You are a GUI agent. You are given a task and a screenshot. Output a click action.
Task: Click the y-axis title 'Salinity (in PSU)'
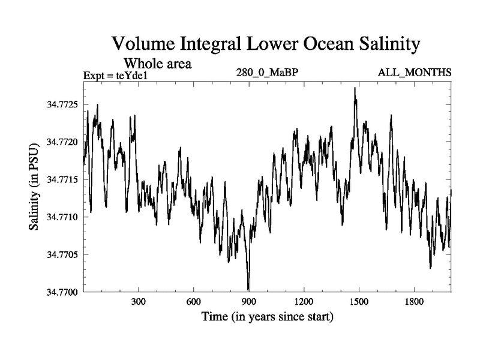click(34, 187)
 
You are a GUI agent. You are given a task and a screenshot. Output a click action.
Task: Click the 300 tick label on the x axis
click(139, 301)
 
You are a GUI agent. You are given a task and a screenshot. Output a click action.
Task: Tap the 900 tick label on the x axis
click(248, 301)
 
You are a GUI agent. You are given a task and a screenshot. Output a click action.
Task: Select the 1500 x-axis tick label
click(358, 301)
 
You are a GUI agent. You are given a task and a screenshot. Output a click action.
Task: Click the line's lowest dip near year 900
click(248, 289)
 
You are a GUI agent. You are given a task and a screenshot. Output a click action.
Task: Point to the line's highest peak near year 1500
click(355, 88)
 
